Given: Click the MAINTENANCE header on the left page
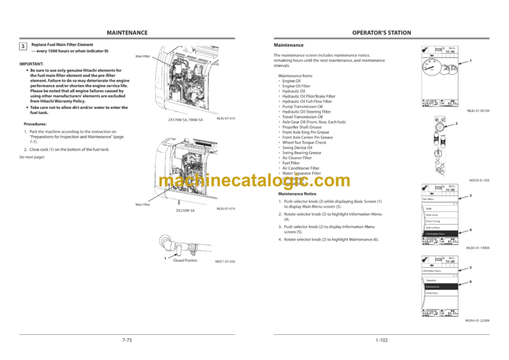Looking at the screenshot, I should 127,32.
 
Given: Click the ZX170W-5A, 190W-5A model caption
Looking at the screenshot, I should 185,120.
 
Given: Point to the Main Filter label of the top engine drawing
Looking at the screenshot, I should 143,56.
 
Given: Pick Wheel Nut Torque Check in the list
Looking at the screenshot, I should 304,143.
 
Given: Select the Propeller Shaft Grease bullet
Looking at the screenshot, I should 304,126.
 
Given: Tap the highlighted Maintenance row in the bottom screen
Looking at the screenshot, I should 437,286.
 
